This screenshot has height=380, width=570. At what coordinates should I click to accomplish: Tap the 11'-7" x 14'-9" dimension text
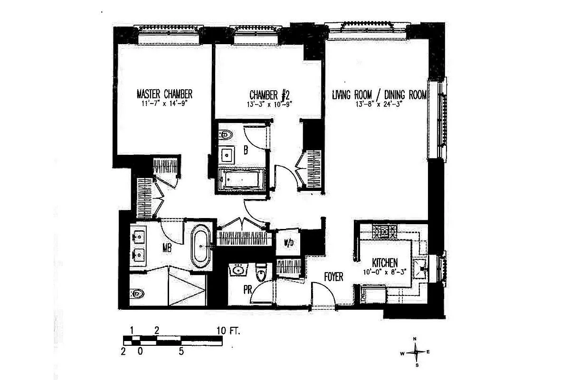[x=164, y=103]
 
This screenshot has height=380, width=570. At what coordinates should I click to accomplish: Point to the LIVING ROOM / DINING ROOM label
[x=379, y=95]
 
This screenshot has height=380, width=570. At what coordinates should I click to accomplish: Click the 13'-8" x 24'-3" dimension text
[x=379, y=105]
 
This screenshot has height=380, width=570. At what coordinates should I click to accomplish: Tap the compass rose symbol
[x=416, y=352]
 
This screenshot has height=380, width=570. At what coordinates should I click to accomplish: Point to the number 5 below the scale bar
[x=181, y=352]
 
